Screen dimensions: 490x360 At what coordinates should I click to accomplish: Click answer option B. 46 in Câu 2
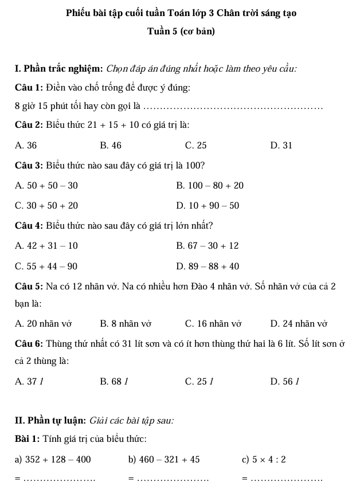pyautogui.click(x=111, y=146)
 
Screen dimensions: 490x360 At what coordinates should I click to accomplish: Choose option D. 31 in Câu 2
pyautogui.click(x=281, y=146)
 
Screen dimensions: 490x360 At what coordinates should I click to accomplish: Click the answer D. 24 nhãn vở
pyautogui.click(x=298, y=324)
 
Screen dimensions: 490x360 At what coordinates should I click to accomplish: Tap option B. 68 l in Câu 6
pyautogui.click(x=111, y=381)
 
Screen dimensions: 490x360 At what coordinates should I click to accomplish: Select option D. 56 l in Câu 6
pyautogui.click(x=281, y=381)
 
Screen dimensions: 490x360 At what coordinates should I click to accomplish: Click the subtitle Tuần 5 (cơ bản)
pyautogui.click(x=181, y=32)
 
